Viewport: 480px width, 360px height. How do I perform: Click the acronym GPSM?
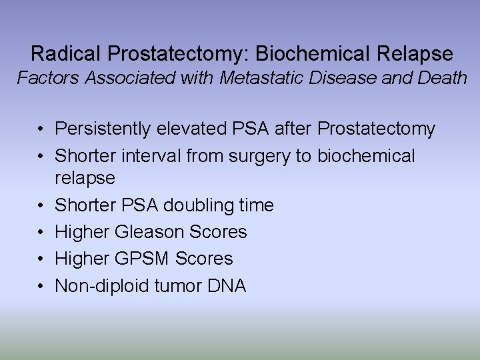pyautogui.click(x=143, y=259)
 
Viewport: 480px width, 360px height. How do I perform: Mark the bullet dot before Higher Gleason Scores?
pyautogui.click(x=41, y=233)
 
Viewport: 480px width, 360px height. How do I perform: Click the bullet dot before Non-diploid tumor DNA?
pyautogui.click(x=41, y=287)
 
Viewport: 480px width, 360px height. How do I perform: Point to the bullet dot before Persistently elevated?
pyautogui.click(x=41, y=129)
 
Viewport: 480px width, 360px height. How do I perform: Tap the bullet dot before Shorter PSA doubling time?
pyautogui.click(x=41, y=205)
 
